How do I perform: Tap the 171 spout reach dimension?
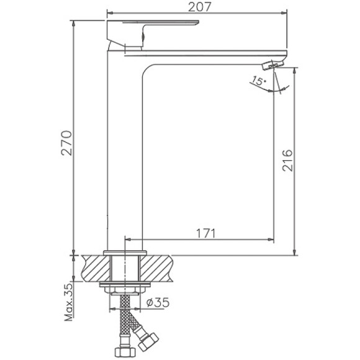click(x=206, y=233)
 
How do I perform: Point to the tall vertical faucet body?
click(x=125, y=155)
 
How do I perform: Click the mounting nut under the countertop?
click(x=127, y=289)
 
